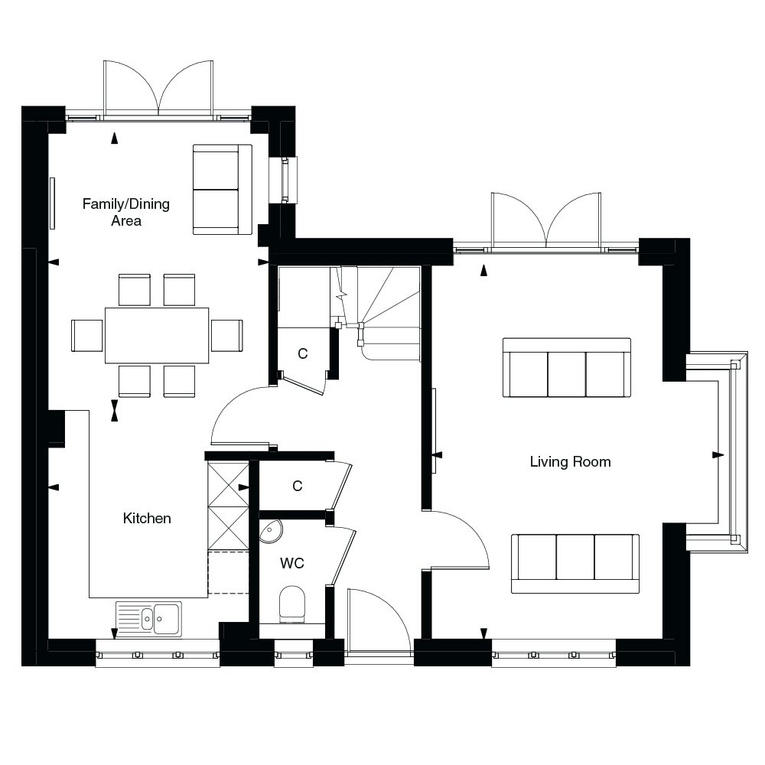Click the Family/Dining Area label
[x=125, y=213]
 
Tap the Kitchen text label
[x=147, y=519]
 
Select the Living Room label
[x=570, y=462]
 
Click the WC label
[x=291, y=564]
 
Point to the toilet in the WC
[x=292, y=604]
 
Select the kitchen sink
[x=149, y=618]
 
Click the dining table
[x=157, y=335]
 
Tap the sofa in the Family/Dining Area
[x=222, y=189]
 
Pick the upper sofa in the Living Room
[x=567, y=368]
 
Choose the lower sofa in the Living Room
[x=575, y=564]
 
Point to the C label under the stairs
[x=302, y=354]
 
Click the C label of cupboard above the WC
[x=297, y=486]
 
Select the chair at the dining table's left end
[x=87, y=335]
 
